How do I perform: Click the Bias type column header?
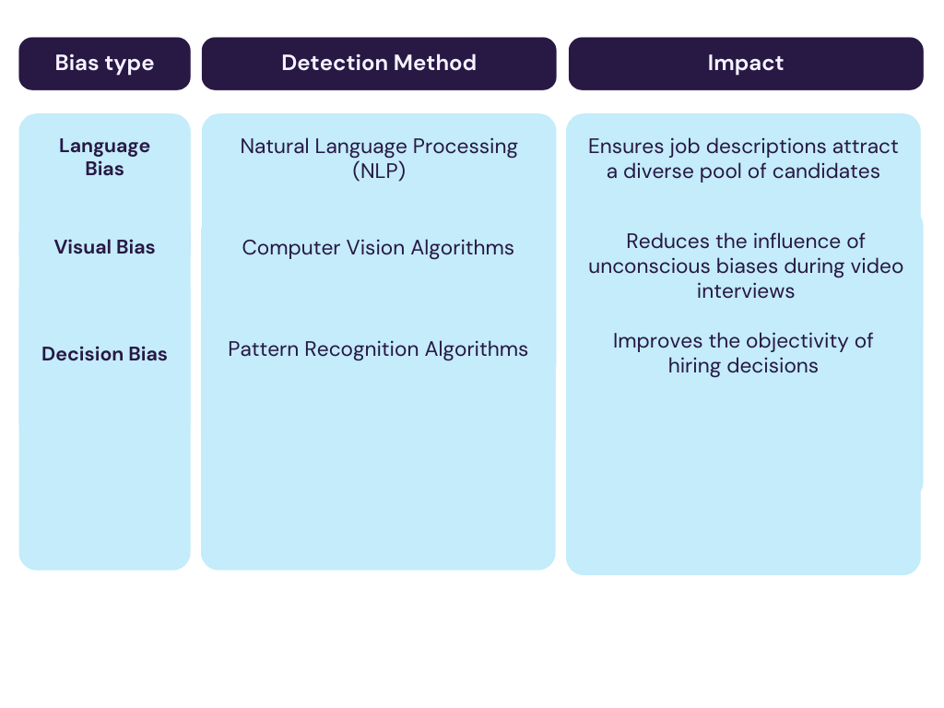[104, 64]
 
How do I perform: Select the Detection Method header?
[378, 64]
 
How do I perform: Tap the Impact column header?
[745, 64]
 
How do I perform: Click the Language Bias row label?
[104, 158]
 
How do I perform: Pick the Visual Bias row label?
[104, 247]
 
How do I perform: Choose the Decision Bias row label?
[104, 354]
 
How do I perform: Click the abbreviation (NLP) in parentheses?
[378, 171]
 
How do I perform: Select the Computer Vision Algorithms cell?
[378, 247]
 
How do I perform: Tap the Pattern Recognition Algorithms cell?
[378, 349]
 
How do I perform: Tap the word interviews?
[745, 291]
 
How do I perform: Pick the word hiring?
[694, 366]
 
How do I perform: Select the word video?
[879, 266]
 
